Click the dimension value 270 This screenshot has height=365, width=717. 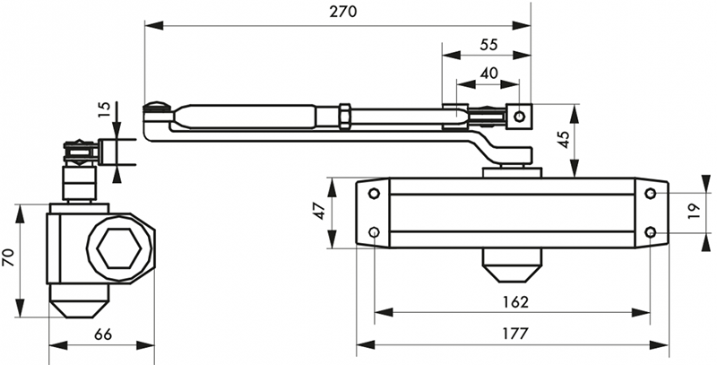click(x=343, y=12)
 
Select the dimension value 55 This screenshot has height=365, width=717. click(x=490, y=43)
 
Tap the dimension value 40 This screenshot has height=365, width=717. click(x=489, y=74)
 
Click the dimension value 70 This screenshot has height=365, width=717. click(x=10, y=259)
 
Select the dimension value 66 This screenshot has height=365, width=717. click(x=103, y=334)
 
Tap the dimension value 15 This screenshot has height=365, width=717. click(x=104, y=110)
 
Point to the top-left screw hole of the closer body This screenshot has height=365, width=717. click(x=374, y=194)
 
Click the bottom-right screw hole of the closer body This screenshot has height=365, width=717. click(x=651, y=233)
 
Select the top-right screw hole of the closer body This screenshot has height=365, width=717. click(x=651, y=194)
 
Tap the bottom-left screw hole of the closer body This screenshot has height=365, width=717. click(x=374, y=233)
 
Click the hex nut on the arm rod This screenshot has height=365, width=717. click(x=343, y=117)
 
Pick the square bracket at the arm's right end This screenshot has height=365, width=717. click(x=519, y=116)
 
